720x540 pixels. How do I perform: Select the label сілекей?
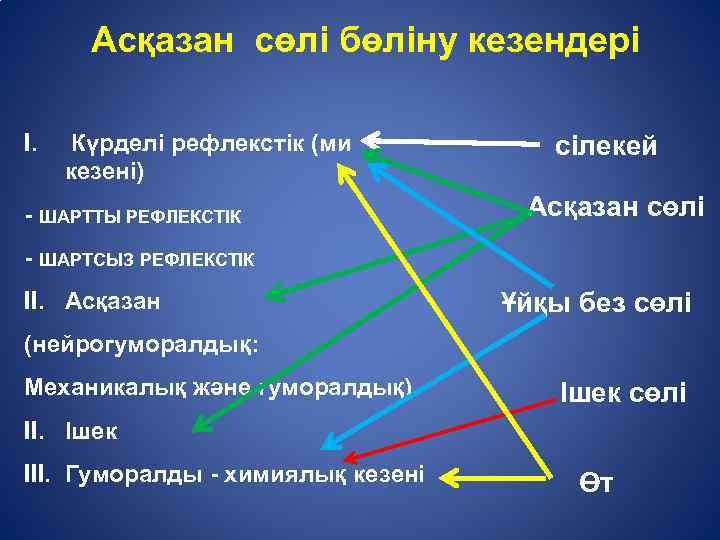[606, 146]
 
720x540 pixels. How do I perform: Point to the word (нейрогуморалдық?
[141, 343]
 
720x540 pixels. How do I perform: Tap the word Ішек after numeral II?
[91, 432]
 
